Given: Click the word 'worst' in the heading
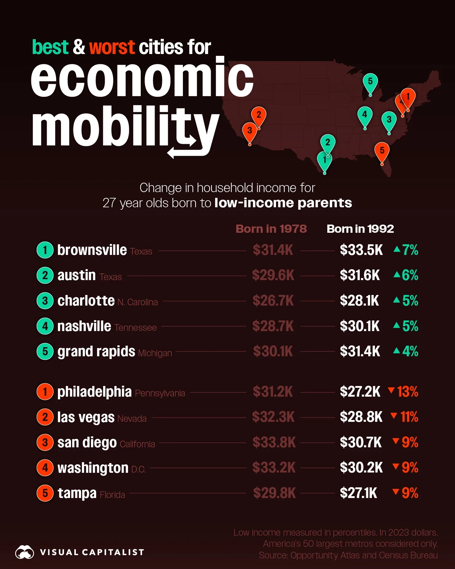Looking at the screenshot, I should tap(112, 48).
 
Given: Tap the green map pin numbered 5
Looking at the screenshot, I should tap(370, 82).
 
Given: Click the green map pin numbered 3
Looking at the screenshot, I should tap(389, 120).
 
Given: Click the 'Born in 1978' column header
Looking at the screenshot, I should tap(271, 229).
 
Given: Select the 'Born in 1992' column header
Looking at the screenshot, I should tap(360, 229).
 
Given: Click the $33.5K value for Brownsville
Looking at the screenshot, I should tap(361, 250).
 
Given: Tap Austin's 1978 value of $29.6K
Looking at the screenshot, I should tap(273, 275).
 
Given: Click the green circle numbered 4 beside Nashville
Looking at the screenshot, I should tap(45, 326).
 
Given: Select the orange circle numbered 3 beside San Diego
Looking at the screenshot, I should tap(45, 442).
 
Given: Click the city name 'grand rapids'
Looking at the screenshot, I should tap(96, 352).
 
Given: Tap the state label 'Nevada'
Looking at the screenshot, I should tap(132, 419).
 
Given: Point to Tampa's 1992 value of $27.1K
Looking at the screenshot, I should tap(358, 493).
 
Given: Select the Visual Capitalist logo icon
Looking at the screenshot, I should tap(25, 552).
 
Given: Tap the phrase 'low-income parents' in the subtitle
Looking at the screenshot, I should tap(283, 203).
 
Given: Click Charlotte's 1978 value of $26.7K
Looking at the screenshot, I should tap(273, 301).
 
